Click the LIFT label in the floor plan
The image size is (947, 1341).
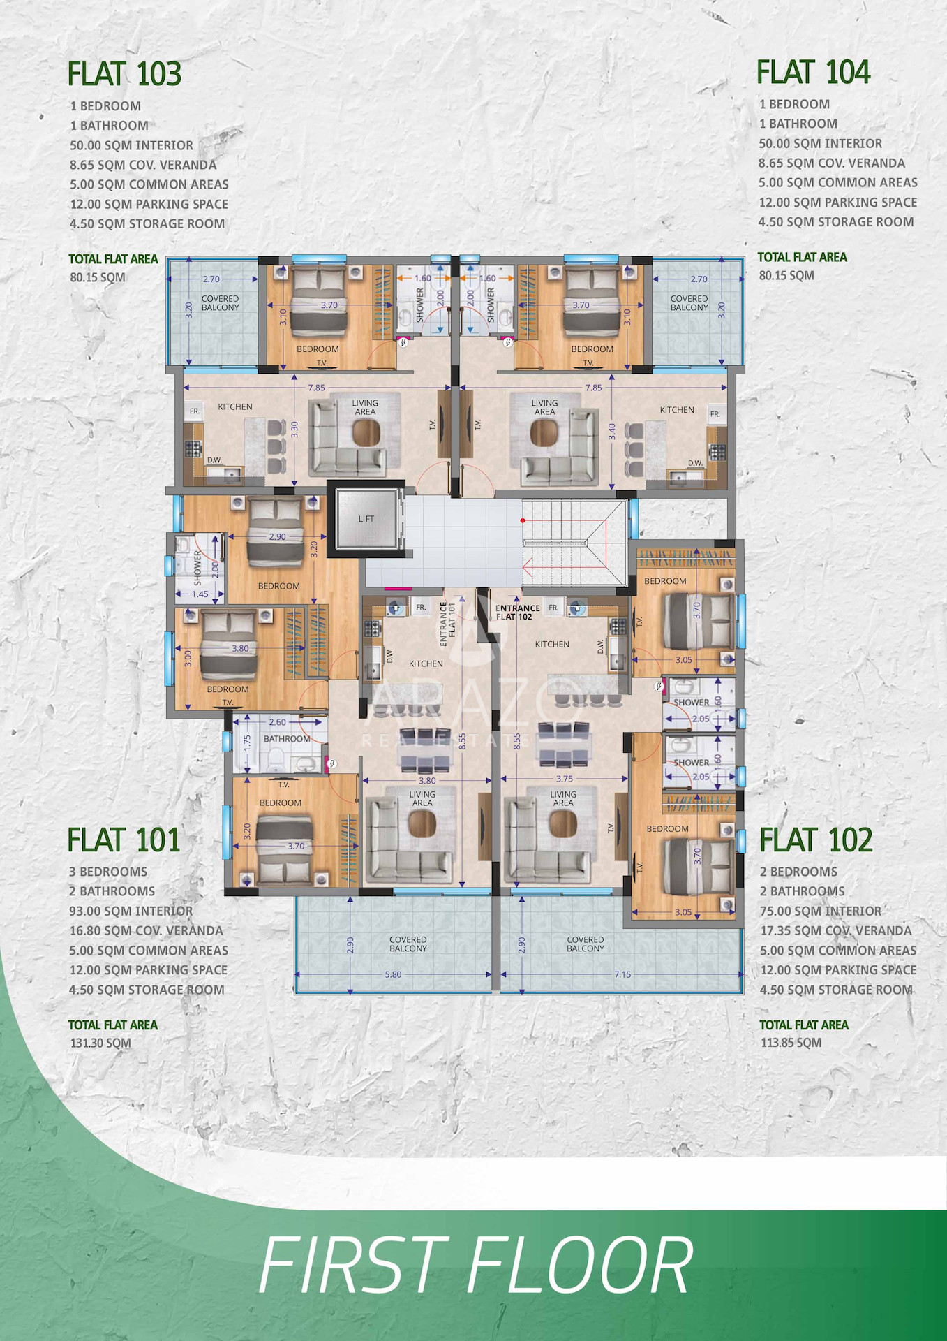click(366, 519)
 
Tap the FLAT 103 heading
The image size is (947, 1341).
click(124, 74)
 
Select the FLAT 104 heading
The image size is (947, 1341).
click(813, 72)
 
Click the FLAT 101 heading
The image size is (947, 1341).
click(124, 840)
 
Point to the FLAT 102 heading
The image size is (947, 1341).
click(816, 840)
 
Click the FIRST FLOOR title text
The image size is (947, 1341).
click(476, 1265)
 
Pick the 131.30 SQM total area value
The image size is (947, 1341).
click(100, 1043)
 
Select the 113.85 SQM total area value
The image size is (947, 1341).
click(791, 1043)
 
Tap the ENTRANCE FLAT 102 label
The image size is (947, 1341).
click(517, 613)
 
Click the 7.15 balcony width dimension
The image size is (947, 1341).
click(622, 974)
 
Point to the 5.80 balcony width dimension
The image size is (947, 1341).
click(393, 974)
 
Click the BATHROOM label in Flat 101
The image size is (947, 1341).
click(287, 738)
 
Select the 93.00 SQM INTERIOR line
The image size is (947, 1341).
click(131, 911)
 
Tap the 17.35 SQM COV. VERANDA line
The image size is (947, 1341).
click(836, 930)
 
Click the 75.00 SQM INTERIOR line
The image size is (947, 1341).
click(821, 911)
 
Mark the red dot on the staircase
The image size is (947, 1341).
click(522, 520)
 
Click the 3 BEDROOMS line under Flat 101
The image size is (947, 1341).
click(108, 872)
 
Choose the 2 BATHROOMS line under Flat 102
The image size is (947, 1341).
click(802, 891)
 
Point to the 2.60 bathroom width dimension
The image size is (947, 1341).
click(277, 722)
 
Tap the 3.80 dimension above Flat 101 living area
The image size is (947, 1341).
click(427, 781)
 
